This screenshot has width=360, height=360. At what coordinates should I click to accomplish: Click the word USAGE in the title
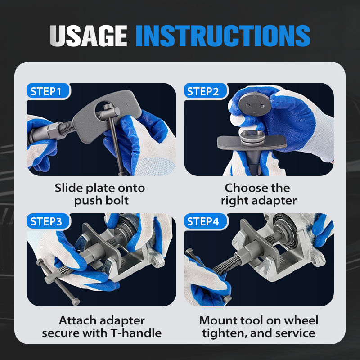[88, 36]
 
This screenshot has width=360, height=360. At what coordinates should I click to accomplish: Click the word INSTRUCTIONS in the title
[223, 36]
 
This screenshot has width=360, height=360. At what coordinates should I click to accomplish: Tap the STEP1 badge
[48, 91]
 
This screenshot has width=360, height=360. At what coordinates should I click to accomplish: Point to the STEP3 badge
[48, 221]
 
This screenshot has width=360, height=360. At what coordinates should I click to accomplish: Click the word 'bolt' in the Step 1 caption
[119, 200]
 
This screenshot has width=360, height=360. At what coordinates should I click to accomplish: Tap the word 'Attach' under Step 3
[74, 320]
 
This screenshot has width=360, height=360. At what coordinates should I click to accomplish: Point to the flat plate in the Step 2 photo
[252, 142]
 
